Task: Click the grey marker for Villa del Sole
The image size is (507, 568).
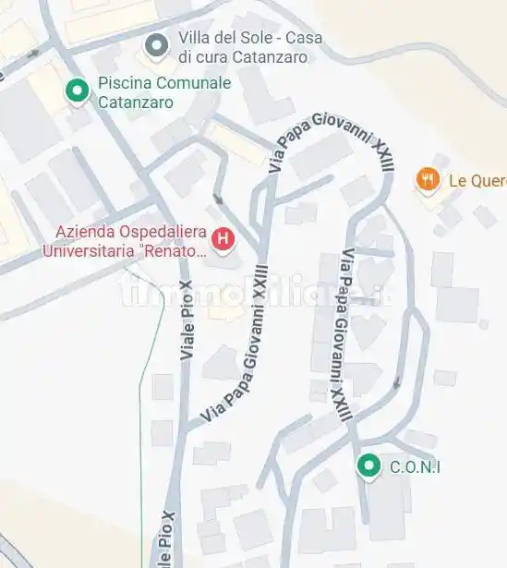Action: point(157,44)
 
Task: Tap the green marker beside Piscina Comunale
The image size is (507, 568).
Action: point(77,91)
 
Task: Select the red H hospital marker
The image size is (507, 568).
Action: point(223,240)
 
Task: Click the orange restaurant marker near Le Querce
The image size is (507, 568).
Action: point(427,179)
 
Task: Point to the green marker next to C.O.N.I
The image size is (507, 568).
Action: point(369,466)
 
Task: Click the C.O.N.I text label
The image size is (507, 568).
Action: point(415,467)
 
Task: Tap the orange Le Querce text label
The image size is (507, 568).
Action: point(477,180)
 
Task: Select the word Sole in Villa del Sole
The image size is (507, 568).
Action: point(258,38)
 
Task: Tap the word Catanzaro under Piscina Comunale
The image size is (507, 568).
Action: point(136,103)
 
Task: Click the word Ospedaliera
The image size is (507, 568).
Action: point(161,231)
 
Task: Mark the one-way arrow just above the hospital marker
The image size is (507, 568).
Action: point(218,198)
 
